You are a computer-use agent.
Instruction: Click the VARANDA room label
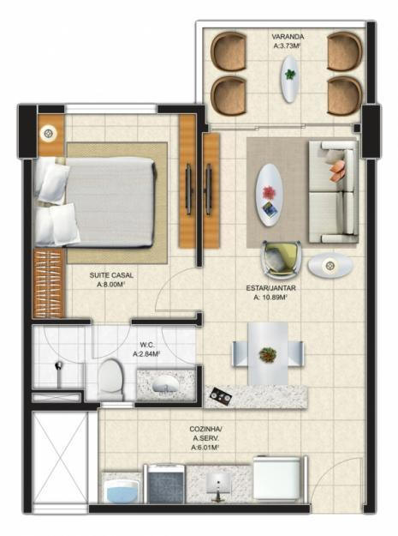(288, 37)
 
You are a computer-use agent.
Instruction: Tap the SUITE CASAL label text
(111, 275)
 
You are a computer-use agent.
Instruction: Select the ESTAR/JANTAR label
(270, 288)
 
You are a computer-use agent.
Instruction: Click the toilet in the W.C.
(110, 377)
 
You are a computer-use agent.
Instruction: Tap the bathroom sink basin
(165, 386)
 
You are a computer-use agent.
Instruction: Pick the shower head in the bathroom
(59, 366)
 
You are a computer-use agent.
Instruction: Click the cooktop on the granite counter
(220, 396)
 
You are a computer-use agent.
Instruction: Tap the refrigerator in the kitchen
(277, 479)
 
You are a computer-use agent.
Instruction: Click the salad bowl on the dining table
(268, 354)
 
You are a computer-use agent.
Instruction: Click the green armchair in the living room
(281, 258)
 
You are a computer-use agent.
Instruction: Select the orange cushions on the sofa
(337, 171)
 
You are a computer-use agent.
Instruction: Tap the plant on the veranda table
(290, 74)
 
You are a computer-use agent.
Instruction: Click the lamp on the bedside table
(49, 133)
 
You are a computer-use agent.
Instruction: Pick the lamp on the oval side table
(330, 265)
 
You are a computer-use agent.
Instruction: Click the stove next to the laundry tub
(166, 484)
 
